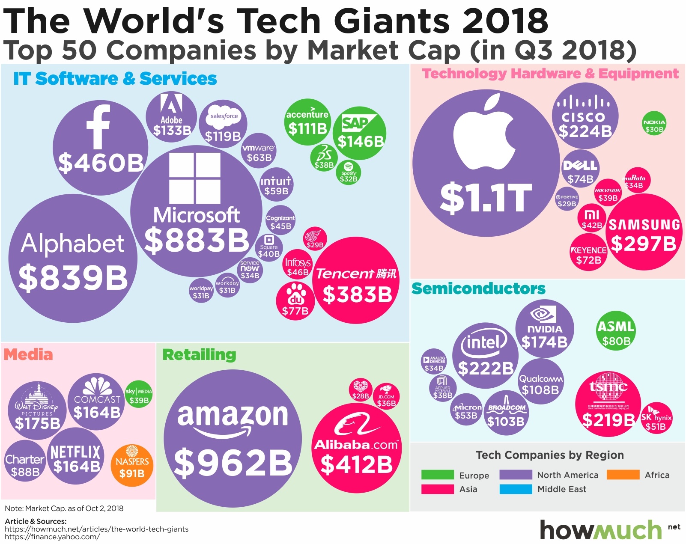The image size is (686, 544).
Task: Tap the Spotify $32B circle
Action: [x=348, y=172]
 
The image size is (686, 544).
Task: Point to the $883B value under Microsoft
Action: [x=197, y=240]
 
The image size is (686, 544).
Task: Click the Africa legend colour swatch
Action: [x=623, y=475]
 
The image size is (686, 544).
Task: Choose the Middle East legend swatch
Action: [x=516, y=489]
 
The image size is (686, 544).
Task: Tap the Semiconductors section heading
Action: [x=478, y=288]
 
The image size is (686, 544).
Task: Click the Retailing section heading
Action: [x=199, y=354]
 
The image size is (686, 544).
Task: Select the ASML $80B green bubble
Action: [x=616, y=330]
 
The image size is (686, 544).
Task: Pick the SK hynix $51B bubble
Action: [x=656, y=418]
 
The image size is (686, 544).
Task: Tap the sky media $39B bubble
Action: [x=139, y=394]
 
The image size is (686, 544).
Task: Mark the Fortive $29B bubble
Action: [x=567, y=199]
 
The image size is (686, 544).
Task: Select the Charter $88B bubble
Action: [x=25, y=461]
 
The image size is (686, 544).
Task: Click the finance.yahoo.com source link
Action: [x=52, y=537]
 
